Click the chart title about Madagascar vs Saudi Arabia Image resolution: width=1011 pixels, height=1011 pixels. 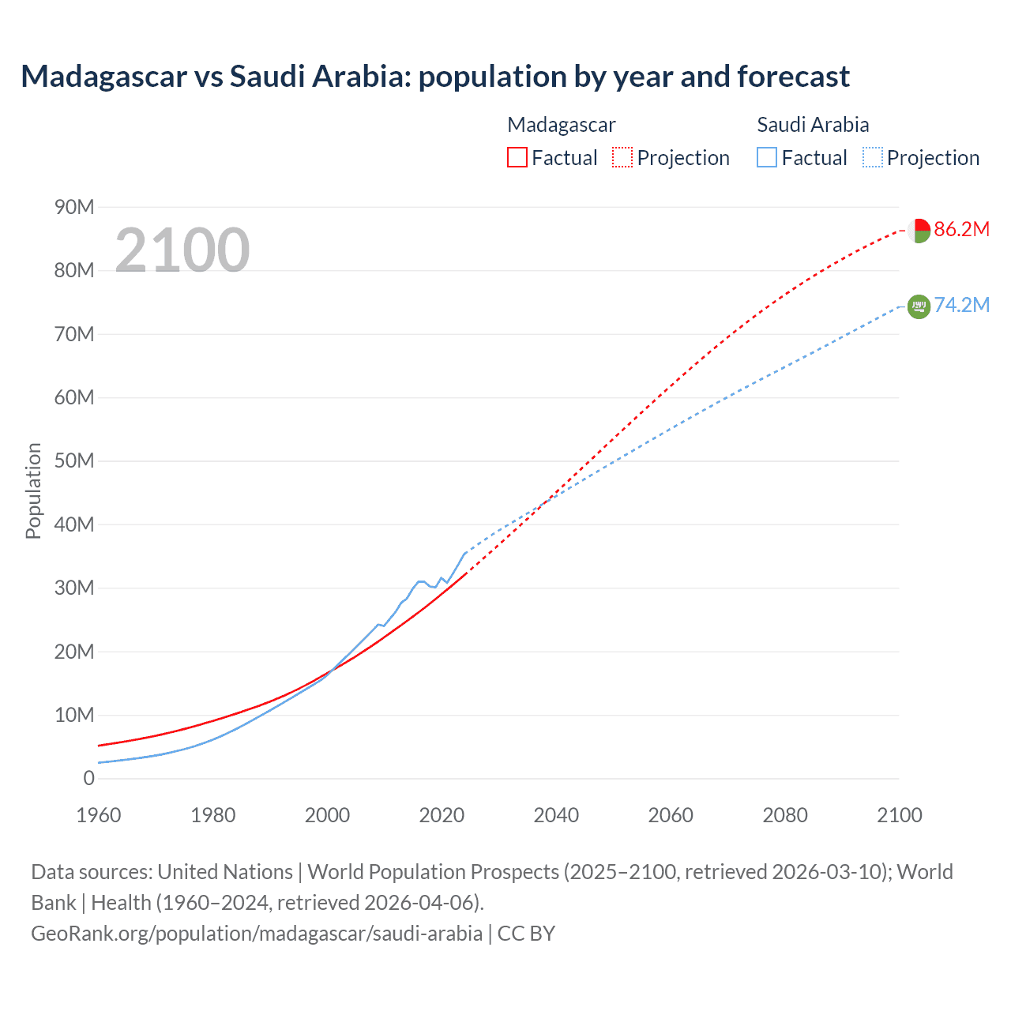pos(435,77)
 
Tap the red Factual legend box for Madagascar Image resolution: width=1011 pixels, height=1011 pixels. pos(517,158)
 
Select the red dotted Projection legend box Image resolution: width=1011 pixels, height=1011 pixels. pos(622,158)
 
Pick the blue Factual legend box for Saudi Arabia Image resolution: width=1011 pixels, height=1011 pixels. pos(766,158)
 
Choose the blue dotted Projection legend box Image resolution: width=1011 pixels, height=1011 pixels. pos(872,158)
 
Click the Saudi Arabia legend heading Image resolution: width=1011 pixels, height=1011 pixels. pos(813,125)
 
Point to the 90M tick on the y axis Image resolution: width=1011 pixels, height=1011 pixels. pos(74,208)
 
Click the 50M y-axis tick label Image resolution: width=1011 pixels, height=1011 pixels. pos(74,461)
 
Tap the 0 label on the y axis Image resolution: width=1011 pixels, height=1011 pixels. pos(88,779)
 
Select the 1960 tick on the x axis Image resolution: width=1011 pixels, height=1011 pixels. pos(99,815)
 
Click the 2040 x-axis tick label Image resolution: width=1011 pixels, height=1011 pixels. pos(556,815)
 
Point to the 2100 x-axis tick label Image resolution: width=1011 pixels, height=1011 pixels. pos(899,815)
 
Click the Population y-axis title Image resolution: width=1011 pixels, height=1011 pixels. pos(33,490)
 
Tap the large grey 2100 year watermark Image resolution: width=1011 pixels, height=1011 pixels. pos(182,250)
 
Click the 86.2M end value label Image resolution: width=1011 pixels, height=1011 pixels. pos(961,230)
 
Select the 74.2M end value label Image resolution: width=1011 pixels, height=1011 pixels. pos(961,306)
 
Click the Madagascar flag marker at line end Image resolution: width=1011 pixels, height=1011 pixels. pos(919,231)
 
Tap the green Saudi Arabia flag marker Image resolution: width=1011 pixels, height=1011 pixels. pos(919,306)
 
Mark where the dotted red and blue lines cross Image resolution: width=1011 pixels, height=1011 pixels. pos(546,501)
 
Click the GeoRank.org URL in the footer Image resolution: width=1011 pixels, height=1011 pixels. pos(257,934)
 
